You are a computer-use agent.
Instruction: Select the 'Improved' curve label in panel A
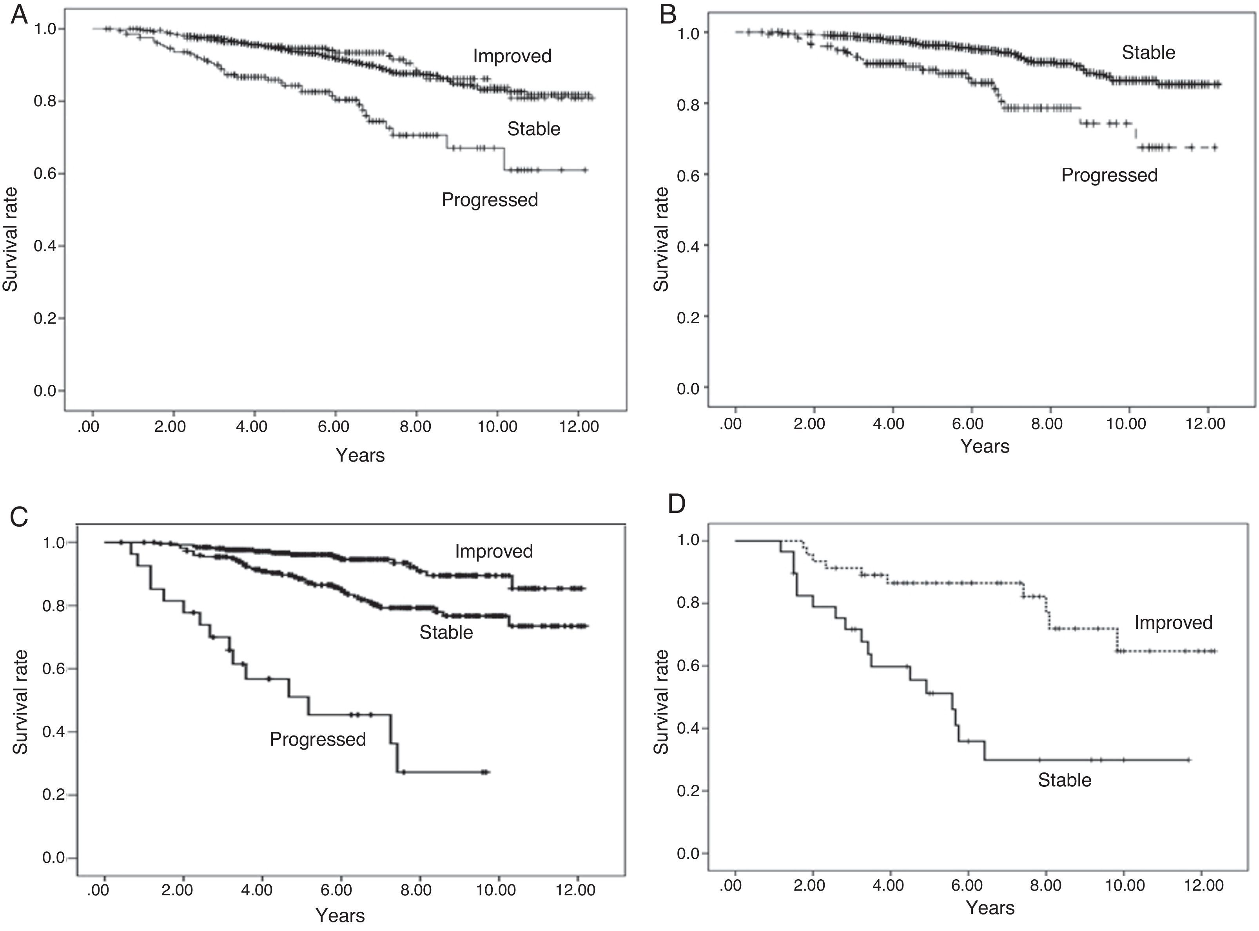[512, 56]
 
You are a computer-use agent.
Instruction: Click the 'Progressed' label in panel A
[490, 199]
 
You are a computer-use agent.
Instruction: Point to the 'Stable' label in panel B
[1148, 53]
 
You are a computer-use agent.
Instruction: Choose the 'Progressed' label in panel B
[1109, 175]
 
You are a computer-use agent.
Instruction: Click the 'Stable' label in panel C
[446, 632]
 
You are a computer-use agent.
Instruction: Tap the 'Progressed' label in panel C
[317, 739]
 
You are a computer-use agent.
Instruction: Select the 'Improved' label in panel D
[1173, 622]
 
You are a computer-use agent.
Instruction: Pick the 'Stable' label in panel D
[1065, 780]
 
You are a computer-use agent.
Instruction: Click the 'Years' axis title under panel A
[360, 455]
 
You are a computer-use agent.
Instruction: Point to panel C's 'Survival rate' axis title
[20, 702]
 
